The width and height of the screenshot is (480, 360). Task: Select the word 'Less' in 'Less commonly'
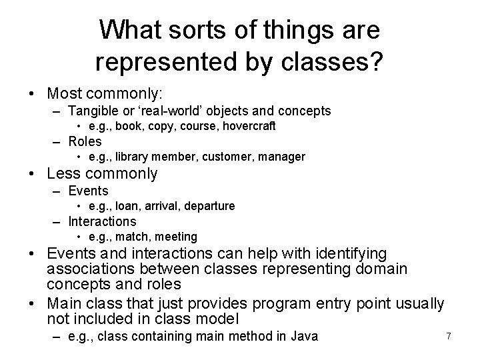point(64,174)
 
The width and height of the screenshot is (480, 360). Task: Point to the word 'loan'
point(127,206)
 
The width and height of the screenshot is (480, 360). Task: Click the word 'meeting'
point(176,237)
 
